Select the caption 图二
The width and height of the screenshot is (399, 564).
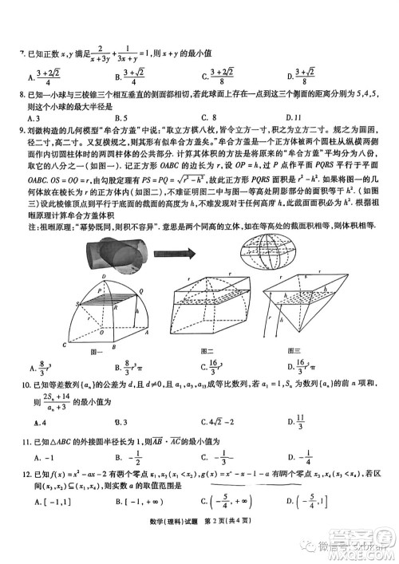pyautogui.click(x=208, y=351)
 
